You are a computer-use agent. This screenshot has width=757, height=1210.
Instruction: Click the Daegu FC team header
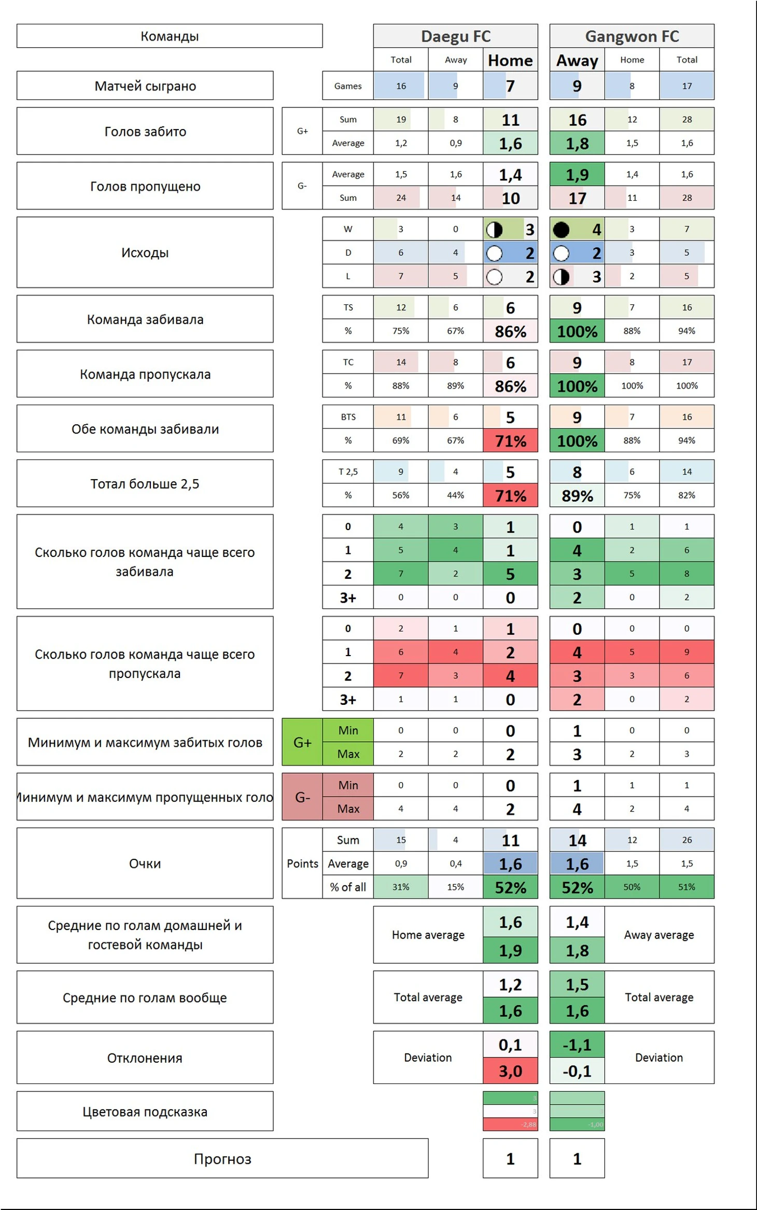click(x=455, y=36)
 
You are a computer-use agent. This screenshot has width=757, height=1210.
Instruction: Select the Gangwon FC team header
click(x=632, y=36)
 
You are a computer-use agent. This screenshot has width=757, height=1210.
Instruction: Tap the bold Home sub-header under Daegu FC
click(x=510, y=60)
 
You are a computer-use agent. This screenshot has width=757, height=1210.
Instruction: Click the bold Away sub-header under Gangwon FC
click(x=577, y=60)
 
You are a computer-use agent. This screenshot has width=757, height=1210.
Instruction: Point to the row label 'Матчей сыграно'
click(x=145, y=86)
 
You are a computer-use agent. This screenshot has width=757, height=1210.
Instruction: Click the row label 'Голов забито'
click(x=145, y=131)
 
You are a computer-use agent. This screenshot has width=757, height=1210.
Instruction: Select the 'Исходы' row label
click(x=145, y=253)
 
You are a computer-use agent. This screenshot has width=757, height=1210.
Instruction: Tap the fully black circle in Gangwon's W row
click(x=561, y=229)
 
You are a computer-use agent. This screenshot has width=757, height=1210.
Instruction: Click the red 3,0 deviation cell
click(x=510, y=1071)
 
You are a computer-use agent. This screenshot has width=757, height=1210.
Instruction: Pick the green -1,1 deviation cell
click(x=577, y=1045)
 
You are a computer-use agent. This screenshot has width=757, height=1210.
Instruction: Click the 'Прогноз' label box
click(x=222, y=1159)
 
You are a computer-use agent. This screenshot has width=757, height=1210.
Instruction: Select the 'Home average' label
click(x=428, y=935)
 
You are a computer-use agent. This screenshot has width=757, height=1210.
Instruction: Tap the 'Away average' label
click(x=658, y=935)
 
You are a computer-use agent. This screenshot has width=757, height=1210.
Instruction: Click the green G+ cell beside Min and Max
click(x=302, y=742)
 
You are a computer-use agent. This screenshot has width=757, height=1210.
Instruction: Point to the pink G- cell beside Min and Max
click(x=302, y=797)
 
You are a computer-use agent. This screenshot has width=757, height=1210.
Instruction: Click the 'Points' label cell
click(x=302, y=864)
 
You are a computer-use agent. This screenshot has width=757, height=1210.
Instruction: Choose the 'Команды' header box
click(x=170, y=36)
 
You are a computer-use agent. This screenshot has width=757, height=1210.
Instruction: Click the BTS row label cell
click(x=348, y=417)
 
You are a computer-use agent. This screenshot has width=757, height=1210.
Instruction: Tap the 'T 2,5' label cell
click(x=348, y=471)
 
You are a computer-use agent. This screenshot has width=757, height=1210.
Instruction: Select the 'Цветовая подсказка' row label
click(x=145, y=1111)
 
